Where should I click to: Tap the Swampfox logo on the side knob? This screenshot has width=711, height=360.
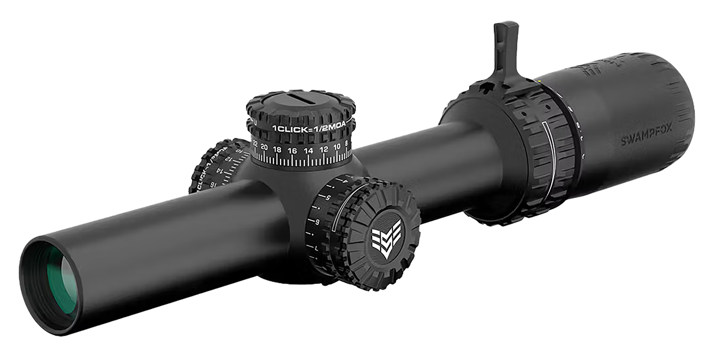[x=386, y=238]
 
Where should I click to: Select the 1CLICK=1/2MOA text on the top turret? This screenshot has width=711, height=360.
[x=309, y=128]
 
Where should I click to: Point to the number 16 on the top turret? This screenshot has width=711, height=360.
[x=292, y=150]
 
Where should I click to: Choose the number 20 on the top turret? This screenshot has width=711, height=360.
[x=264, y=147]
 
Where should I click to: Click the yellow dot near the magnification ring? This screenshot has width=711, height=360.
[x=540, y=80]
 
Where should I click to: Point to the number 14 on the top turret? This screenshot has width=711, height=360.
[x=309, y=150]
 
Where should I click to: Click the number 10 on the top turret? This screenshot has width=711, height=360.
[x=337, y=147]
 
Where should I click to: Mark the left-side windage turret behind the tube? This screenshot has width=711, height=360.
[x=216, y=166]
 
